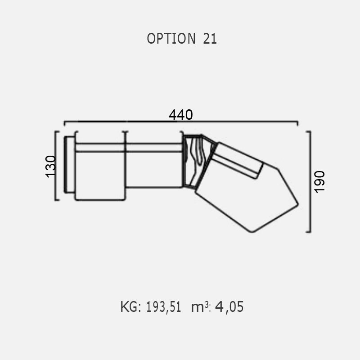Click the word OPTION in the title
(x=171, y=38)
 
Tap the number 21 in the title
(x=210, y=39)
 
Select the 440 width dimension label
(x=181, y=115)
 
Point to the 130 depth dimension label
(x=51, y=166)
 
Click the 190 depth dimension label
(x=319, y=182)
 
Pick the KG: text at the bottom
(x=130, y=307)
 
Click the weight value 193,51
(x=163, y=307)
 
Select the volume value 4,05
(x=229, y=307)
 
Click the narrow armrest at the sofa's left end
(x=69, y=165)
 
